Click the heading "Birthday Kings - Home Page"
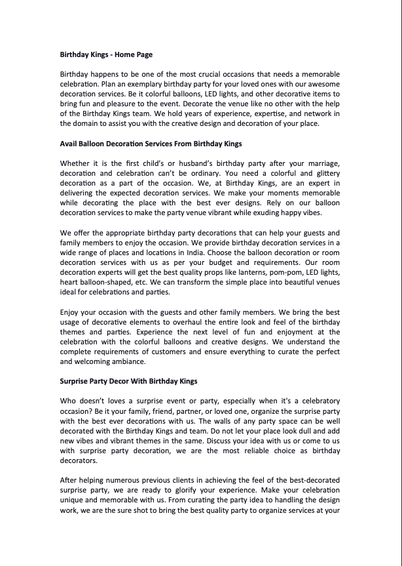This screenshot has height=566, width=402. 106,54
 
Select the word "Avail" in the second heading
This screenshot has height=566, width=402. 69,143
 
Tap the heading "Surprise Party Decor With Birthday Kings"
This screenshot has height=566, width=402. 128,380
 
